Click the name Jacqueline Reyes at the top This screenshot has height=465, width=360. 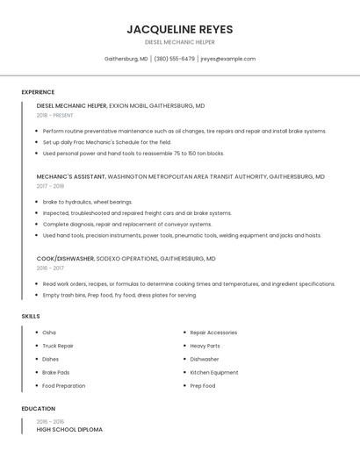(x=179, y=29)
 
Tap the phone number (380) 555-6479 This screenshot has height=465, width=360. (x=174, y=59)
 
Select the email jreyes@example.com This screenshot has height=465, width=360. (x=227, y=59)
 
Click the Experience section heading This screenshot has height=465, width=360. (x=38, y=92)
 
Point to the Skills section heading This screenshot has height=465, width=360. (x=31, y=316)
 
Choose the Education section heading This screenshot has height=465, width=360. (x=38, y=409)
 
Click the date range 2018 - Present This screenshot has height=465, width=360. (x=55, y=115)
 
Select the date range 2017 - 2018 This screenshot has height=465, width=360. (x=50, y=186)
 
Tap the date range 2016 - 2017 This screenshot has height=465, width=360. (x=50, y=268)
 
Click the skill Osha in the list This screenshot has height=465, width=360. (x=49, y=333)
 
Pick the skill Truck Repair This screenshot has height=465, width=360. (x=58, y=346)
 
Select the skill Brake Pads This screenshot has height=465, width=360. (x=56, y=372)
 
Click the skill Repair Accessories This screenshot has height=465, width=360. (x=213, y=333)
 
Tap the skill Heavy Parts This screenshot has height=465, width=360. (x=205, y=346)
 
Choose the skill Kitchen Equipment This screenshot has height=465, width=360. (x=213, y=372)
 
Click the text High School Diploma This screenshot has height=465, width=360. (x=69, y=430)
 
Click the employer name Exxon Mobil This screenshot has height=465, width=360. (x=127, y=105)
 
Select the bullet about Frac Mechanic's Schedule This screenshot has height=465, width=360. (x=107, y=142)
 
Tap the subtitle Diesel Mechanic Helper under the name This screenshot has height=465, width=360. (x=179, y=42)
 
